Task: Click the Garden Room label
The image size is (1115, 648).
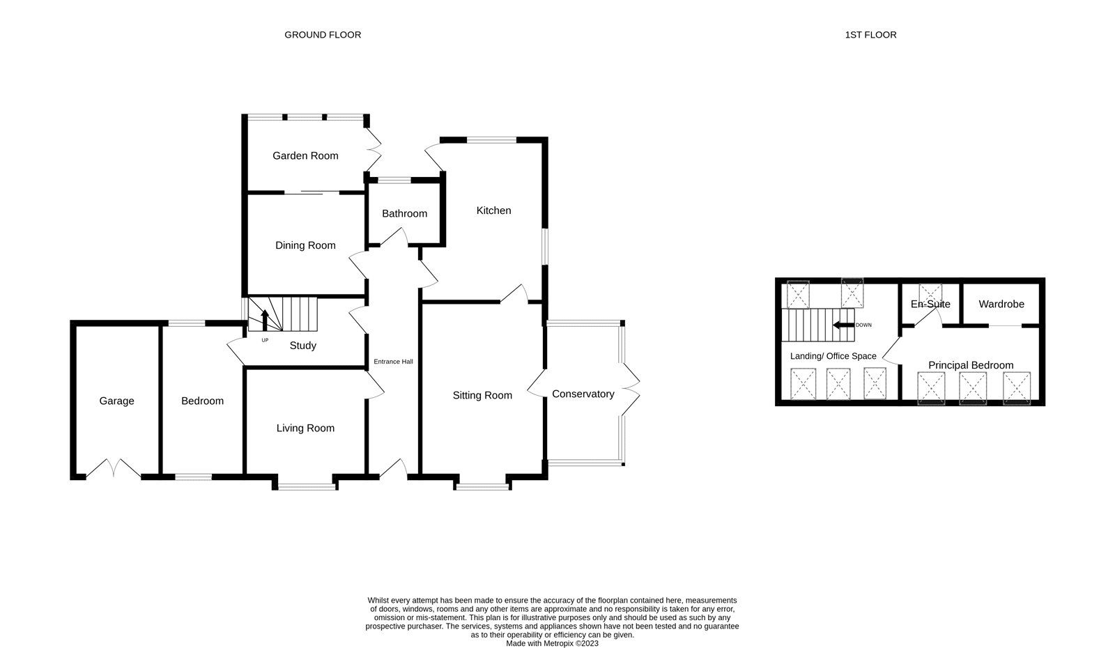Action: (x=305, y=156)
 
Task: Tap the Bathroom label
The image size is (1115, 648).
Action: (x=404, y=214)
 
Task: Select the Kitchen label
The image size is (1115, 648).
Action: (x=493, y=210)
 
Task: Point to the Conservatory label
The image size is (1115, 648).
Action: (x=583, y=394)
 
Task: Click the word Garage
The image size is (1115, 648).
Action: (x=116, y=401)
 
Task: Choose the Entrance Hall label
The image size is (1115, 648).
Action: (x=393, y=362)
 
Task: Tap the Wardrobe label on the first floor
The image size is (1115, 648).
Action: (x=1001, y=304)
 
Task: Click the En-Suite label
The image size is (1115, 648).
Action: (x=930, y=304)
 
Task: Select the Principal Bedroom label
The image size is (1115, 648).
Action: (x=970, y=365)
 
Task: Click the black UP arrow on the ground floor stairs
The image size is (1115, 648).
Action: (x=265, y=321)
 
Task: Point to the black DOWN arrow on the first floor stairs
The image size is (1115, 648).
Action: (x=844, y=325)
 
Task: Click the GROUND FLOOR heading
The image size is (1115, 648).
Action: (x=323, y=35)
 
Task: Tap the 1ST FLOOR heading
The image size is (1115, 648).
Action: (x=870, y=35)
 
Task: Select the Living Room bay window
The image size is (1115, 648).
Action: (x=305, y=486)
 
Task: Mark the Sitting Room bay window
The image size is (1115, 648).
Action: (x=482, y=486)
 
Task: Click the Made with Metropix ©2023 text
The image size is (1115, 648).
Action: (x=552, y=644)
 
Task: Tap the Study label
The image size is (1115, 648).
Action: (x=302, y=346)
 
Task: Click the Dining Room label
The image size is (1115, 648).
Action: (x=305, y=245)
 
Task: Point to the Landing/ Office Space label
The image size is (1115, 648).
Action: (x=833, y=356)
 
